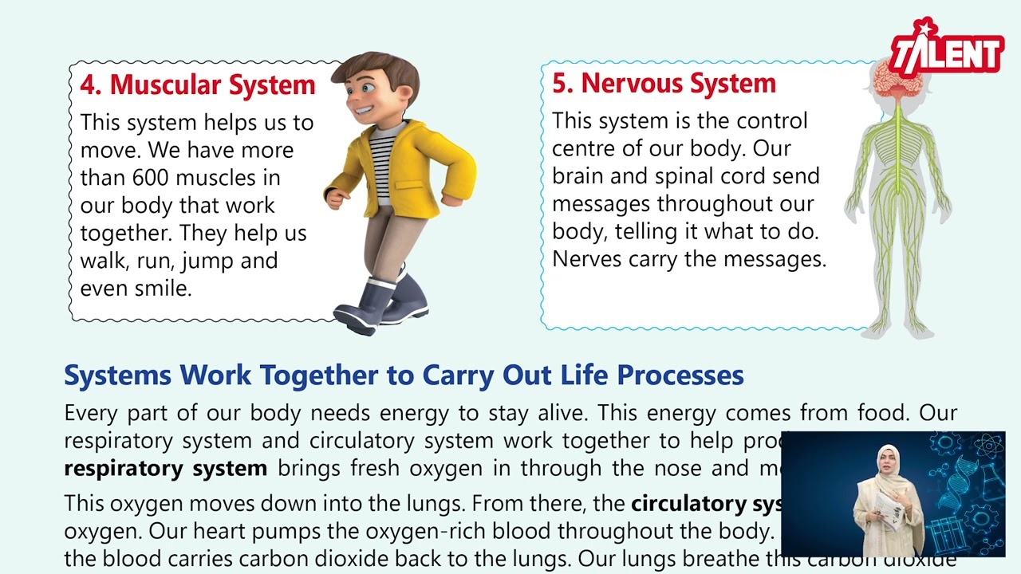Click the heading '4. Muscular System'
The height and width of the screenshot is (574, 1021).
coord(198,85)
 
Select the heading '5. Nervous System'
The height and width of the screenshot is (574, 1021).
coord(664,83)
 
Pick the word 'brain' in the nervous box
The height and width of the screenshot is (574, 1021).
coord(580,175)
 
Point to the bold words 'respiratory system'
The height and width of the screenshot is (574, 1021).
coord(165,468)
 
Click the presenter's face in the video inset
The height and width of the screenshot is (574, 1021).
coord(889,464)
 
